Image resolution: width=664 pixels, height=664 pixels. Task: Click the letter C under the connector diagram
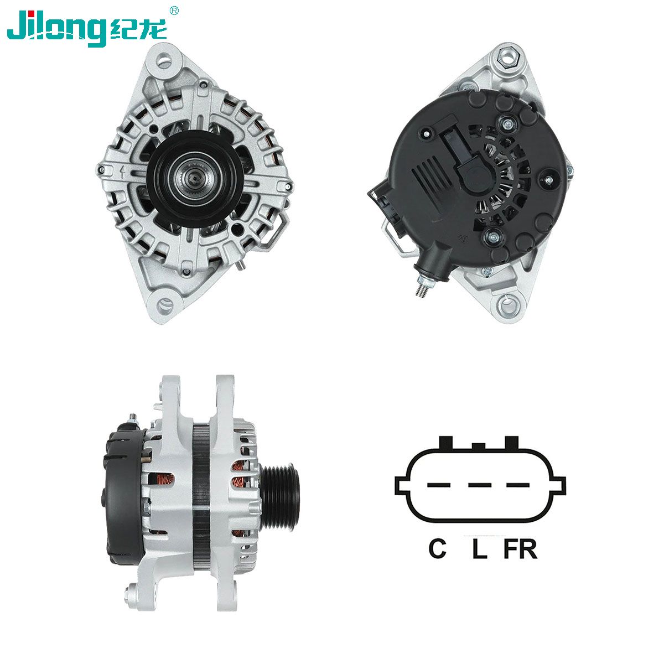(437, 548)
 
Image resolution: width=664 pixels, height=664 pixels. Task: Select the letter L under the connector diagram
(479, 548)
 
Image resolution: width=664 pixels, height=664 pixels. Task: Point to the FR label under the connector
(520, 548)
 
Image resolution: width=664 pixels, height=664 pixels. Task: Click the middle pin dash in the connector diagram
(480, 485)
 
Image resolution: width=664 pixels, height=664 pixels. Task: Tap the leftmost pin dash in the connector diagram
(439, 485)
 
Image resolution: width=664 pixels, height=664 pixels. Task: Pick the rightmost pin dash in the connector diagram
(517, 485)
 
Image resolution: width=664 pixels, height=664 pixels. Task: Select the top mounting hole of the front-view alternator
(164, 61)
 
